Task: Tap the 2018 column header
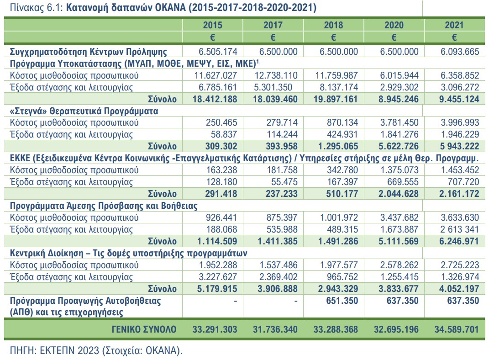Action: point(333,25)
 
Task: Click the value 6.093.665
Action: point(460,52)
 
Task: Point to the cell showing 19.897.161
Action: point(335,98)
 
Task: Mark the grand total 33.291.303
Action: point(214,329)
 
